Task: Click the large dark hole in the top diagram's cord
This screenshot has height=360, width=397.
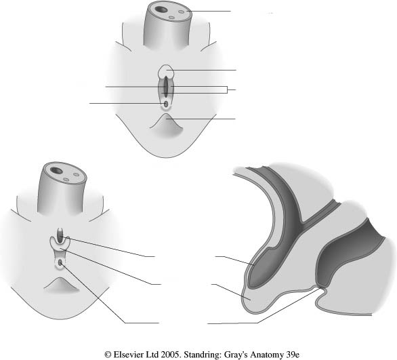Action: [x=161, y=9]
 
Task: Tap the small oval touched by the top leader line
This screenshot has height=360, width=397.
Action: [x=182, y=12]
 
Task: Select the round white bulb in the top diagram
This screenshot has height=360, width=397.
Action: [x=166, y=71]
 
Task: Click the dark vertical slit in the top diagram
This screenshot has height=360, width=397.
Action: [x=165, y=87]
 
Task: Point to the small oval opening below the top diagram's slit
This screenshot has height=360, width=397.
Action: [x=166, y=104]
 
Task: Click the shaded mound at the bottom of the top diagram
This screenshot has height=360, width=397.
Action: [x=167, y=125]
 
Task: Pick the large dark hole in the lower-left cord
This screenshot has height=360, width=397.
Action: [x=56, y=170]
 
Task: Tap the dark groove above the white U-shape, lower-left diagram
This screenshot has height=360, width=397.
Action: [x=60, y=235]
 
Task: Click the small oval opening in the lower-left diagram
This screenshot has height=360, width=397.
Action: [x=60, y=263]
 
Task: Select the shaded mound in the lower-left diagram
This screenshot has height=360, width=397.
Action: [x=60, y=285]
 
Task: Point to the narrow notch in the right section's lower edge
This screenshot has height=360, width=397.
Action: [x=322, y=288]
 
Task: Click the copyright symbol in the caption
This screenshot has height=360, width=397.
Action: [x=108, y=354]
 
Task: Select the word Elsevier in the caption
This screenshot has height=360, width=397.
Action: [x=125, y=354]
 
